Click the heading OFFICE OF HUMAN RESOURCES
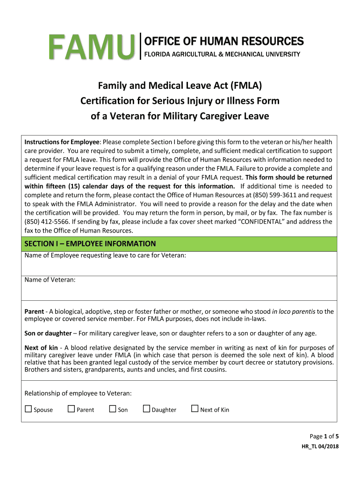[x=224, y=41]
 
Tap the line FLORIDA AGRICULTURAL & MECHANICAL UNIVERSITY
[x=222, y=55]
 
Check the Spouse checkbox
[x=28, y=409]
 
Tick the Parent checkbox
[x=71, y=409]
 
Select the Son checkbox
[x=112, y=409]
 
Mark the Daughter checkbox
[x=146, y=409]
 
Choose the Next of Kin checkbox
[x=195, y=409]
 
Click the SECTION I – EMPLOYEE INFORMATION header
[x=90, y=244]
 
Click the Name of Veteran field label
[x=50, y=280]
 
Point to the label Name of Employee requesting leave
[x=105, y=255]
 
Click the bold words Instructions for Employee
[x=62, y=142]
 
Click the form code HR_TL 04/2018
[x=320, y=446]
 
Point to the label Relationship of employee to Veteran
[x=78, y=393]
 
